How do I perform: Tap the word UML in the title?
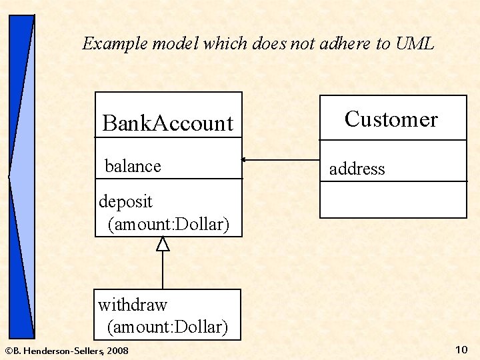[x=415, y=44]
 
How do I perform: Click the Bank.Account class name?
[x=167, y=123]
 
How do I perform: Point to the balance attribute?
[x=133, y=166]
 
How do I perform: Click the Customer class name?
[x=391, y=119]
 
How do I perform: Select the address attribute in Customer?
[x=357, y=169]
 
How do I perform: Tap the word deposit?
[x=125, y=201]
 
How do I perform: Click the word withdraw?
[x=133, y=305]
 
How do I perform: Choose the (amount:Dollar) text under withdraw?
[x=167, y=327]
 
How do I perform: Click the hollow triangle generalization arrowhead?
[x=163, y=244]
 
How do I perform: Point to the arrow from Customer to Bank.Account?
[x=280, y=160]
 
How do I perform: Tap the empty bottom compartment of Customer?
[x=393, y=199]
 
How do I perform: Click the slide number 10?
[x=461, y=349]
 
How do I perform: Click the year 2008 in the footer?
[x=117, y=351]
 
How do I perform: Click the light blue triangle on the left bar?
[x=20, y=177]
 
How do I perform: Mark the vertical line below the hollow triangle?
[x=163, y=270]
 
